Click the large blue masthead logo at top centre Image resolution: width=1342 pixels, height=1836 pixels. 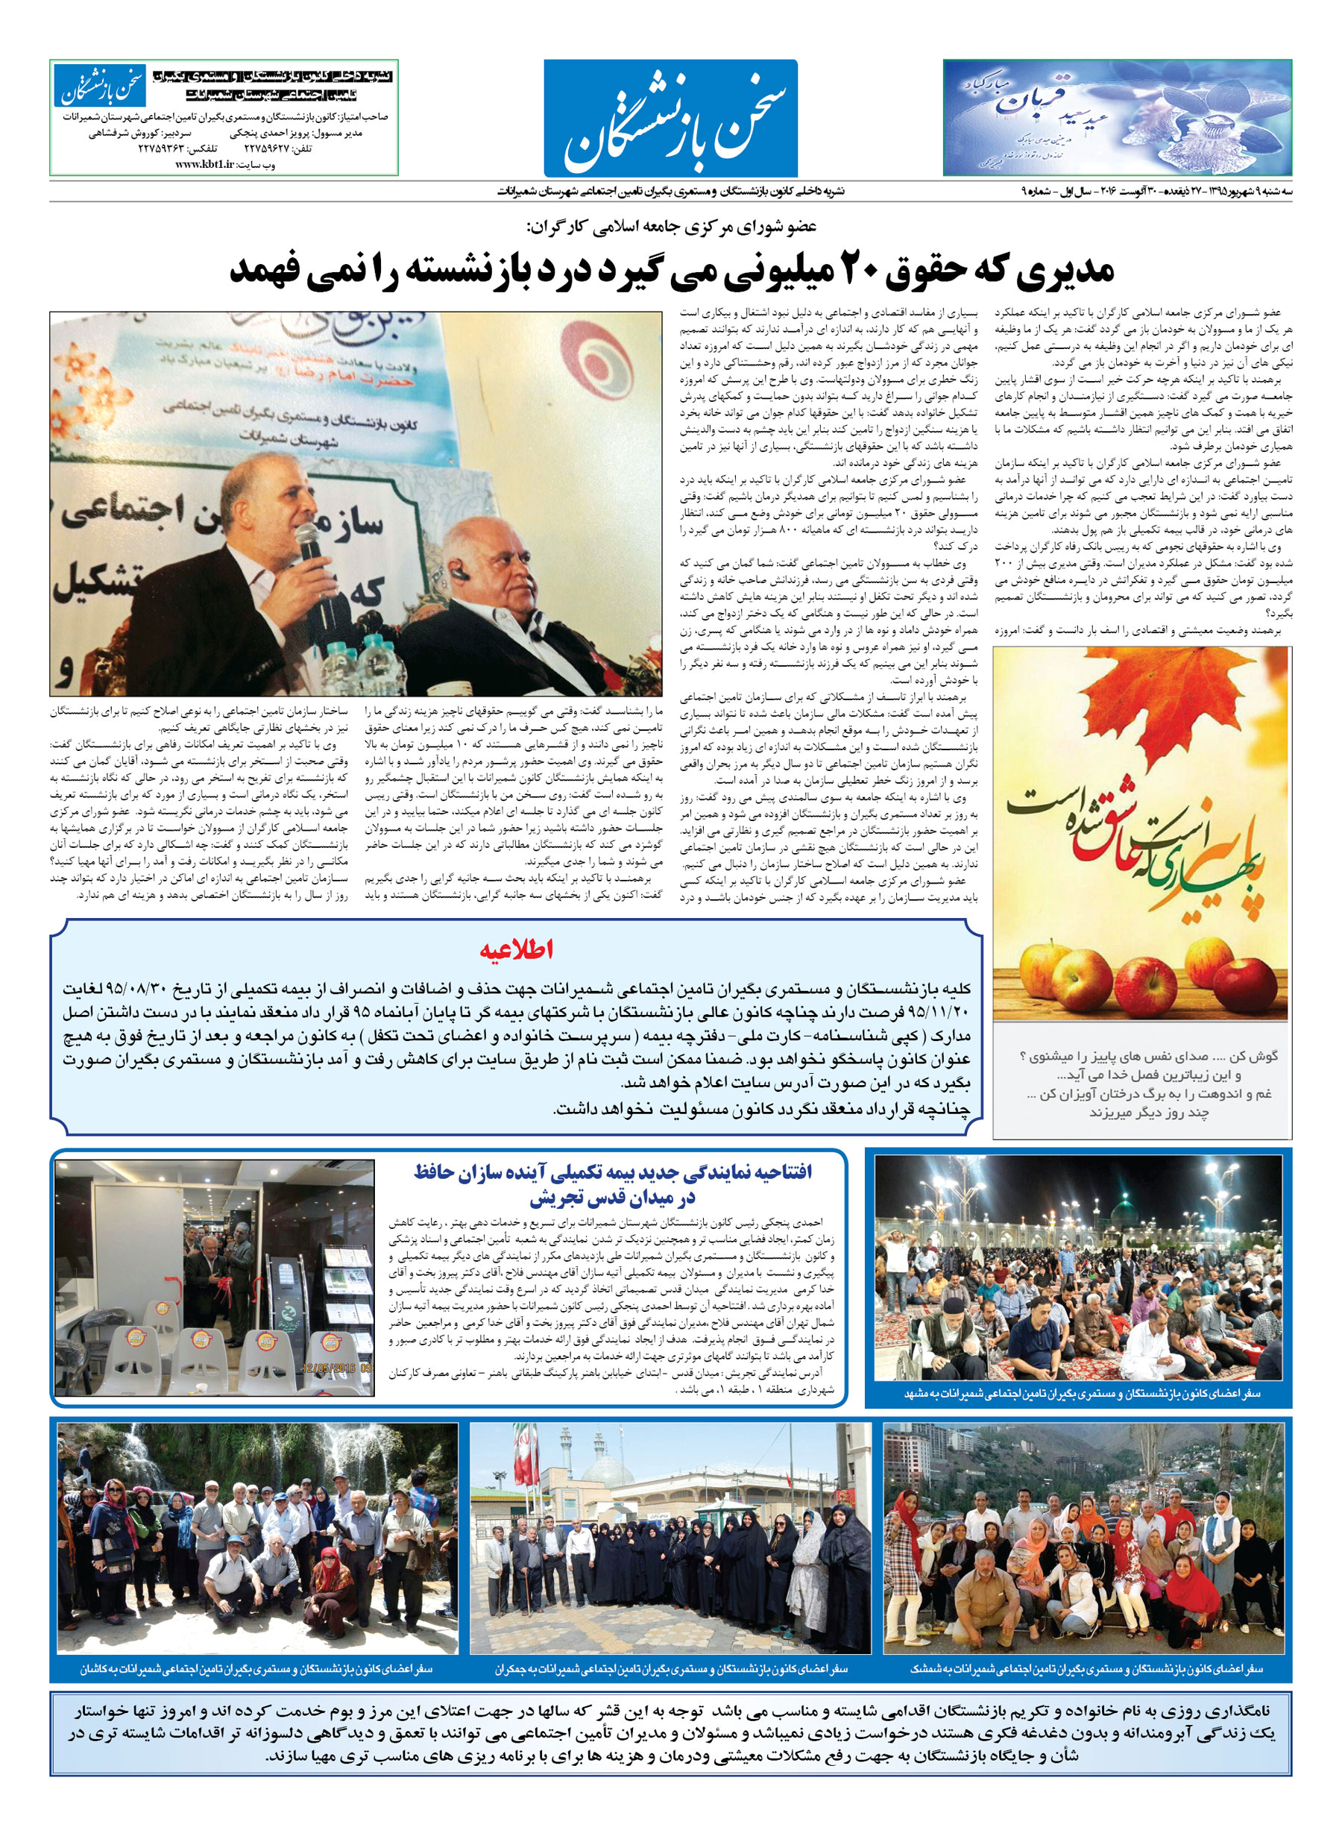point(670,118)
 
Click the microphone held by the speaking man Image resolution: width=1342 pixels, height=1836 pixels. point(308,541)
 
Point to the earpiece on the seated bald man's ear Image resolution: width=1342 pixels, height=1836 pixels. point(461,573)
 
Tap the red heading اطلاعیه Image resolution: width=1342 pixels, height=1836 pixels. point(516,949)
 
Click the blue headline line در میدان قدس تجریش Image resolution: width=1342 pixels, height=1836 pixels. point(613,1198)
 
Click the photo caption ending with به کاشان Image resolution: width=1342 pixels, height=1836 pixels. point(256,1669)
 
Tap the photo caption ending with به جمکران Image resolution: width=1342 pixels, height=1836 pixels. point(671,1669)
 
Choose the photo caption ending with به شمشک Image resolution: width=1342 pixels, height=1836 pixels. point(1086,1669)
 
